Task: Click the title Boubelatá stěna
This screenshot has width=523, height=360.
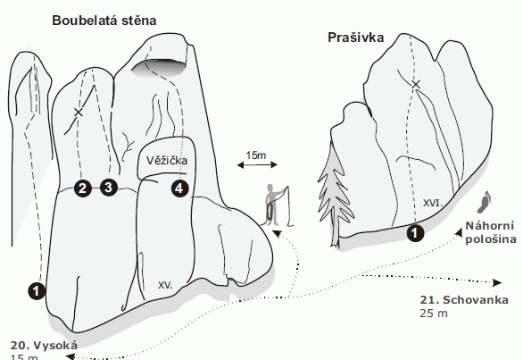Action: tap(104, 21)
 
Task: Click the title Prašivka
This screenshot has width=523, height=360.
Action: tap(355, 38)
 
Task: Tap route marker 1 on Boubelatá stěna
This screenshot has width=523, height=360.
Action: tap(37, 291)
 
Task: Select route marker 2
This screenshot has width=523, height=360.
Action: tap(83, 188)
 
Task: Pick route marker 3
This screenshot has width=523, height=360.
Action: tap(109, 188)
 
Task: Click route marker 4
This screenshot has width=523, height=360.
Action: tap(179, 188)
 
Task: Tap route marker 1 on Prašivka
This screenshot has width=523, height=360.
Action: tap(415, 232)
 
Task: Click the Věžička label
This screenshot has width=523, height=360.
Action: tap(167, 161)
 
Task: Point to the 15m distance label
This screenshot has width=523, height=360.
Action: tap(256, 155)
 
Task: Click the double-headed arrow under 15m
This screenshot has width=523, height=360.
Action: tap(257, 164)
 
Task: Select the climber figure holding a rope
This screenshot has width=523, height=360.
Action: tap(278, 206)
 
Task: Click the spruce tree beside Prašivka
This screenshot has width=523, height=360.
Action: tap(333, 194)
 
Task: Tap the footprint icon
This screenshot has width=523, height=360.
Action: tap(485, 202)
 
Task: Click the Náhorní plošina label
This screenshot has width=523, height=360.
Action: tap(491, 233)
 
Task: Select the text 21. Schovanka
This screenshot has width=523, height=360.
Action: tap(464, 300)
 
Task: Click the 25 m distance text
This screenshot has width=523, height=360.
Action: tap(434, 314)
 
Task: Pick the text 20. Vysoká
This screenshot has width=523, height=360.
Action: tap(44, 345)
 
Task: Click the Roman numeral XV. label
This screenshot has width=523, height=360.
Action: tap(165, 285)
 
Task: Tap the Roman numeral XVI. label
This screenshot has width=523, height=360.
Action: tap(433, 203)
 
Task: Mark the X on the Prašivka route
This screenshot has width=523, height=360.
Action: tap(416, 85)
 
